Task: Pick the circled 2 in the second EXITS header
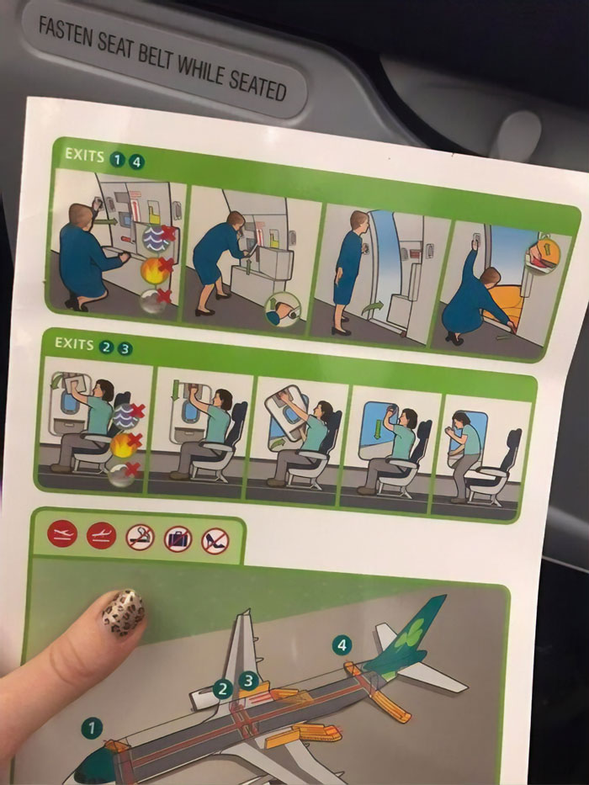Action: [x=106, y=347]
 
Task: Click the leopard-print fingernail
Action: [x=123, y=612]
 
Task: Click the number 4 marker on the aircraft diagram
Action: [x=341, y=645]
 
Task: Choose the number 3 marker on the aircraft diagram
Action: [x=248, y=680]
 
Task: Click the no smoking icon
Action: [x=140, y=537]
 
